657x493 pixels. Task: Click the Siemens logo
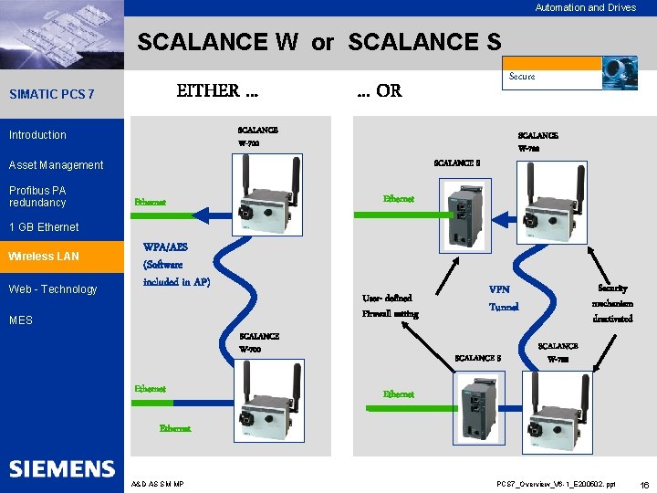pos(62,469)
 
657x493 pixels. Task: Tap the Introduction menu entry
pos(37,135)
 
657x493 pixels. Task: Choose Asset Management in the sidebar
pos(56,165)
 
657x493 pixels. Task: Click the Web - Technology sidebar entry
pos(52,289)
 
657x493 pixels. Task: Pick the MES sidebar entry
pos(21,320)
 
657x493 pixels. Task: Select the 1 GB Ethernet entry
pos(43,226)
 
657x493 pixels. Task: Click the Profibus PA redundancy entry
pos(37,196)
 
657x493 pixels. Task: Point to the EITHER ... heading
pos(217,91)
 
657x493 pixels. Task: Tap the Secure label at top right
pos(522,77)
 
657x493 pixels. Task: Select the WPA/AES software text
pos(176,264)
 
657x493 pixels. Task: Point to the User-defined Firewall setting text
pos(390,306)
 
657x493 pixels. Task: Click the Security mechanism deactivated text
pos(611,303)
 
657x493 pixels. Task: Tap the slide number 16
pos(644,484)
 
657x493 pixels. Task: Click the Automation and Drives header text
pos(585,8)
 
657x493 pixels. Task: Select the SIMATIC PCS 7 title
pos(51,95)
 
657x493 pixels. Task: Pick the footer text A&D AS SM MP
pos(158,484)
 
